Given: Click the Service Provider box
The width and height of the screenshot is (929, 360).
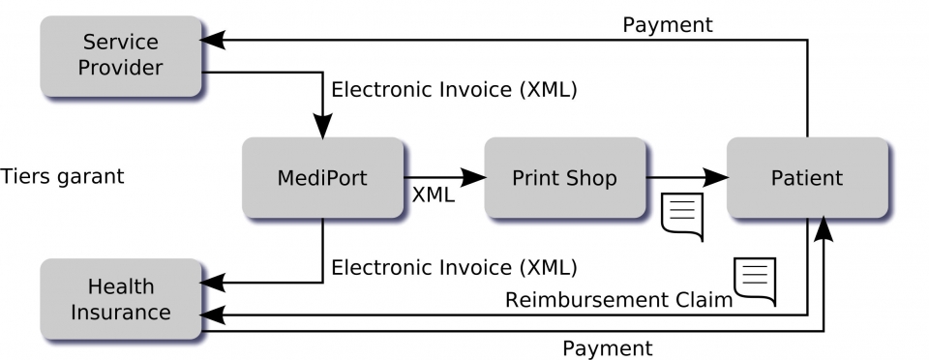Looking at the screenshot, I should pos(120,55).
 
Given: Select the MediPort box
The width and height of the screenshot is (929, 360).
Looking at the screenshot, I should pos(322,178).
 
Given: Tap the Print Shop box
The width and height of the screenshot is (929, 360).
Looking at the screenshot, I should pos(564,178).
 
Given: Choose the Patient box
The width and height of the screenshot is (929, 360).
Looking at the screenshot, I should pos(806,178).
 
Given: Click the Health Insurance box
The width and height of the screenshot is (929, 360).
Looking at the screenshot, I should pos(120,299).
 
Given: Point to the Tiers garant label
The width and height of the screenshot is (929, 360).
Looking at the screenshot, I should pos(63,176).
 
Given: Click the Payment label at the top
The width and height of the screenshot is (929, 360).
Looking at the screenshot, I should pos(667,24).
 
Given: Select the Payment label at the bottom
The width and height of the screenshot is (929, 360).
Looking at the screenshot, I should pos(608,347).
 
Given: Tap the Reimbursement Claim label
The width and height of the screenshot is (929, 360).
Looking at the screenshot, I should pos(618,300).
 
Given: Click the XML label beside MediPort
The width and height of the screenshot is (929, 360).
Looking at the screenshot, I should pos(434,194).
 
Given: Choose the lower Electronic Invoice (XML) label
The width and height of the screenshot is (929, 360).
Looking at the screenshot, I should pos(454,266).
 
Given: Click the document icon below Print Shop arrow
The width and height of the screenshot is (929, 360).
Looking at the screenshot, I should pos(681,216).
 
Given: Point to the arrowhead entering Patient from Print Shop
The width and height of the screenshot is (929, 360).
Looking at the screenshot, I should pos(715,177).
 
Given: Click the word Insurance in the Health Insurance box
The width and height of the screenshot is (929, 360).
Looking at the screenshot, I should pos(120,313).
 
